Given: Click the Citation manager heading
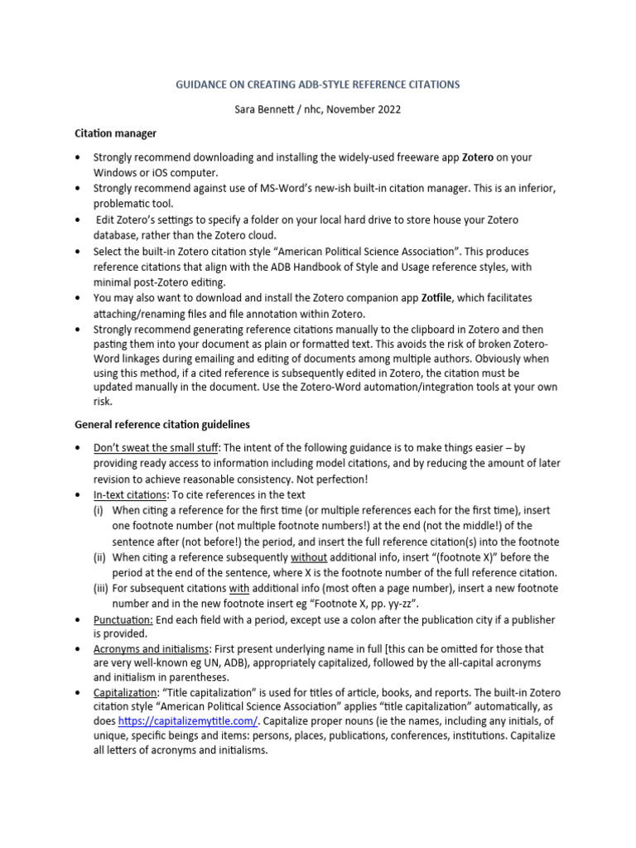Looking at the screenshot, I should (116, 132).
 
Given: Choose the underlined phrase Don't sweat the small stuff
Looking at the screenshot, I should (157, 449).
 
